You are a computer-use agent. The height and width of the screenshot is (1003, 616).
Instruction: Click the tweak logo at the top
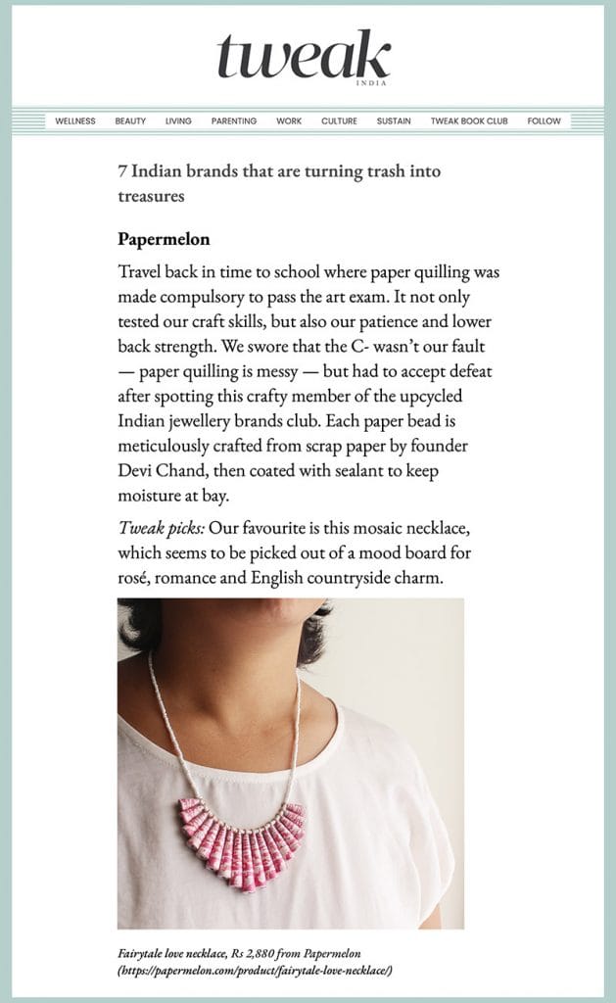(x=304, y=57)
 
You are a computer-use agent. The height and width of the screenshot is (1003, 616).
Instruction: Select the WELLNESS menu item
(x=75, y=121)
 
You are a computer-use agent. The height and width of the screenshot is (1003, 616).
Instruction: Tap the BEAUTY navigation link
(x=130, y=121)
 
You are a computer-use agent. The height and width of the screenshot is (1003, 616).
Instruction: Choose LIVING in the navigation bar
(x=178, y=121)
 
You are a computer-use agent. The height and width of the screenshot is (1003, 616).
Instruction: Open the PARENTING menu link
(x=234, y=121)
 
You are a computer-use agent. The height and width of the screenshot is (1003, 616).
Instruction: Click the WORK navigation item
(x=289, y=121)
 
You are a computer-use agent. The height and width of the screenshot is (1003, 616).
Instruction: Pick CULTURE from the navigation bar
(x=339, y=121)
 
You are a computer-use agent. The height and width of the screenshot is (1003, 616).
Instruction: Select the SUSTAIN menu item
(x=394, y=121)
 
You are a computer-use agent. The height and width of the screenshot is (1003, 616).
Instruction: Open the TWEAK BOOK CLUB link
(x=469, y=121)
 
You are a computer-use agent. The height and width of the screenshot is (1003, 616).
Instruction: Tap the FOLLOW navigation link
(x=544, y=121)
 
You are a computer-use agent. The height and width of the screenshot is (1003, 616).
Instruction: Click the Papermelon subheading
(x=164, y=239)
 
